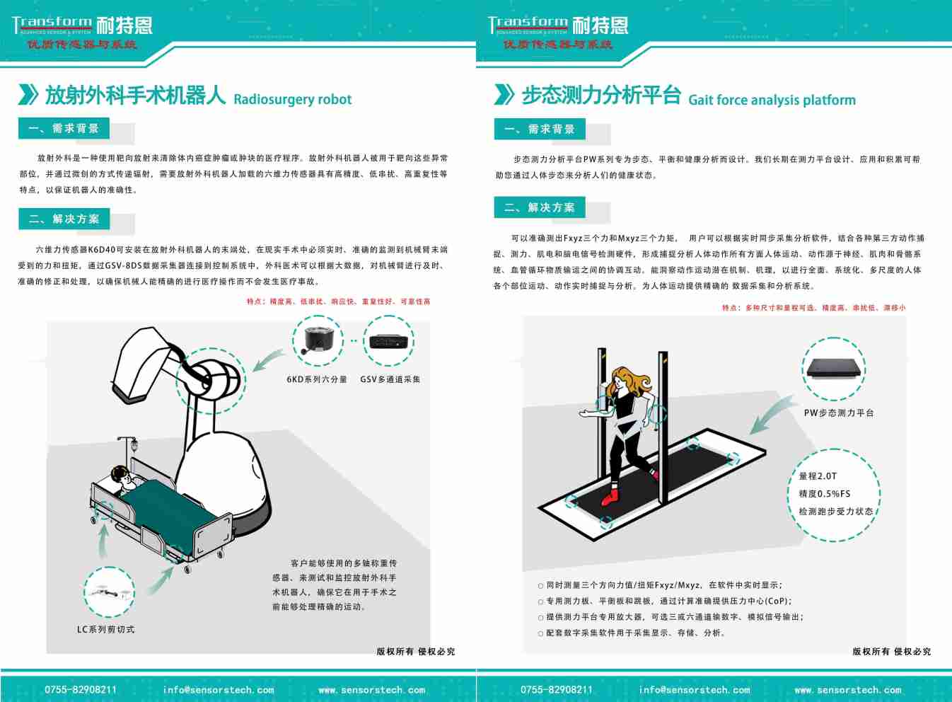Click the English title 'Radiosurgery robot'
click(292, 99)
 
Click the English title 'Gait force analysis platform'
click(772, 100)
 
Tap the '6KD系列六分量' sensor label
click(317, 379)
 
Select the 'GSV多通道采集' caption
click(390, 379)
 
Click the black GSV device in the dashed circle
click(388, 341)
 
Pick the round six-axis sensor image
click(318, 340)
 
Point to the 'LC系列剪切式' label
click(105, 629)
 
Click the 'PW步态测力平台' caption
click(839, 413)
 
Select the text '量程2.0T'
click(818, 476)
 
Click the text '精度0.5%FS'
click(824, 494)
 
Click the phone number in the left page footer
click(81, 689)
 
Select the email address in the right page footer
click(694, 689)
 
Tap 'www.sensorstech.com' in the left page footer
click(371, 689)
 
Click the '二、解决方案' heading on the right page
click(540, 207)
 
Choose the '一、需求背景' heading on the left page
click(64, 128)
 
